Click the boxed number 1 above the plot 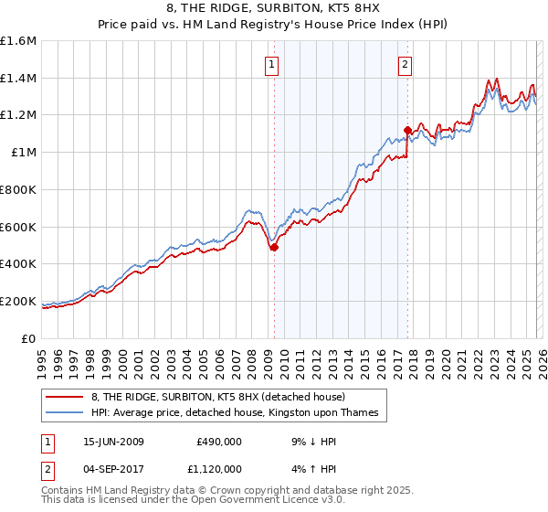pyautogui.click(x=273, y=64)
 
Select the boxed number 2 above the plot pyautogui.click(x=404, y=64)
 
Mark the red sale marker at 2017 pyautogui.click(x=406, y=130)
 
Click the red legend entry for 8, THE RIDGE pyautogui.click(x=217, y=397)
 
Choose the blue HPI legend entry pyautogui.click(x=239, y=413)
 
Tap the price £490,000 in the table pyautogui.click(x=218, y=441)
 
